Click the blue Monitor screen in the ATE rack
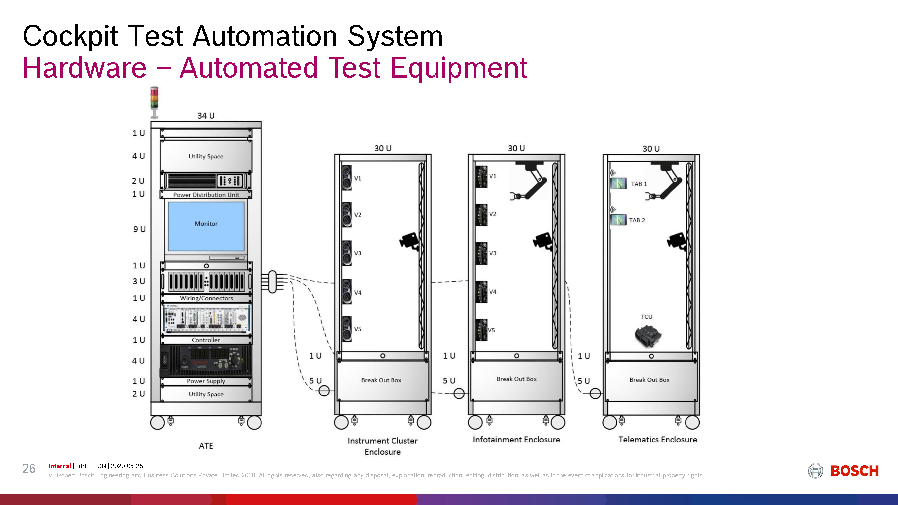click(x=206, y=226)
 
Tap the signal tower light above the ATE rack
click(x=154, y=102)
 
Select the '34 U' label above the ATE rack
click(x=206, y=116)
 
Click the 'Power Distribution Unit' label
click(x=206, y=195)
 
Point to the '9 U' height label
click(x=139, y=229)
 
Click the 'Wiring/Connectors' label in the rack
click(x=206, y=298)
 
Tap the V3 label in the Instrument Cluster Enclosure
click(x=358, y=253)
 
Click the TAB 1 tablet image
click(x=619, y=183)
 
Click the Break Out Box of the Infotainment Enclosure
click(x=516, y=380)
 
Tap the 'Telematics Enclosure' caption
click(x=657, y=440)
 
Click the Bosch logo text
click(x=854, y=471)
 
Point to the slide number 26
click(x=29, y=468)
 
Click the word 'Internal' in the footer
click(x=60, y=466)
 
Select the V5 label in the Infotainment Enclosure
click(x=491, y=330)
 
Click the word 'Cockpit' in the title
click(x=71, y=36)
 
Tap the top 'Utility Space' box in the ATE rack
click(x=206, y=156)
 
